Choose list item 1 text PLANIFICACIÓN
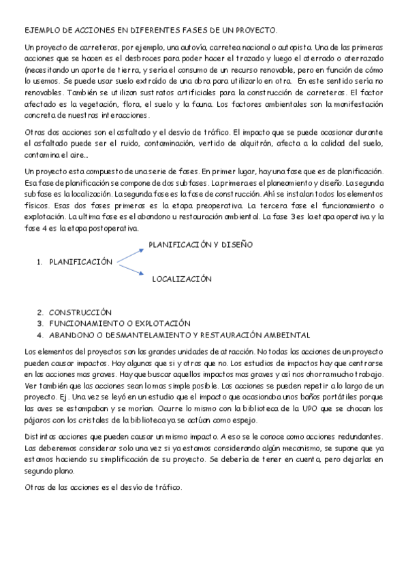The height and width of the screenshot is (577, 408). (80, 261)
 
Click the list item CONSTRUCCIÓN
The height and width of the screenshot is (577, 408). (80, 312)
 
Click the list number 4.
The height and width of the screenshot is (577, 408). (40, 335)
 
